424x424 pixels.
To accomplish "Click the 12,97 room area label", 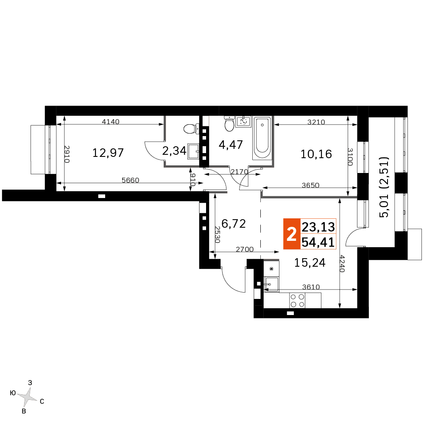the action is pyautogui.click(x=108, y=153).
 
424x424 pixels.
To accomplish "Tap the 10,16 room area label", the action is pyautogui.click(x=316, y=154).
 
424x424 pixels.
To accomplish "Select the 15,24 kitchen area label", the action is pyautogui.click(x=310, y=262).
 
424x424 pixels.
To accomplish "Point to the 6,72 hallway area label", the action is pyautogui.click(x=234, y=223).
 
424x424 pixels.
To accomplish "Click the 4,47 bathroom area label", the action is pyautogui.click(x=231, y=145).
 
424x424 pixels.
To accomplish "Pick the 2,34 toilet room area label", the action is pyautogui.click(x=174, y=151).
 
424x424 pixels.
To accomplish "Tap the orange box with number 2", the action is pyautogui.click(x=292, y=234).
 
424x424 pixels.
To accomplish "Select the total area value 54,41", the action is pyautogui.click(x=318, y=242).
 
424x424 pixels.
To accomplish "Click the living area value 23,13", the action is pyautogui.click(x=318, y=227).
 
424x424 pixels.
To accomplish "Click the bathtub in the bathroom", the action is pyautogui.click(x=262, y=138).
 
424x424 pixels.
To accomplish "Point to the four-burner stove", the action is pyautogui.click(x=298, y=301).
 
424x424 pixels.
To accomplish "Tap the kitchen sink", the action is pyautogui.click(x=271, y=284).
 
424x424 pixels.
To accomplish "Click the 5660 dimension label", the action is pyautogui.click(x=130, y=180).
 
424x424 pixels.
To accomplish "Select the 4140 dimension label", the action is pyautogui.click(x=111, y=122).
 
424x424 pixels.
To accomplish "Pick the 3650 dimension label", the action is pyautogui.click(x=310, y=185).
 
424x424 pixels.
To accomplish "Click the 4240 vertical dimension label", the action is pyautogui.click(x=342, y=264).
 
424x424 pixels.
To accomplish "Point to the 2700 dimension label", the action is pyautogui.click(x=245, y=249).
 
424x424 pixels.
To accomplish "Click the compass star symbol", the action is pyautogui.click(x=27, y=397).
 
